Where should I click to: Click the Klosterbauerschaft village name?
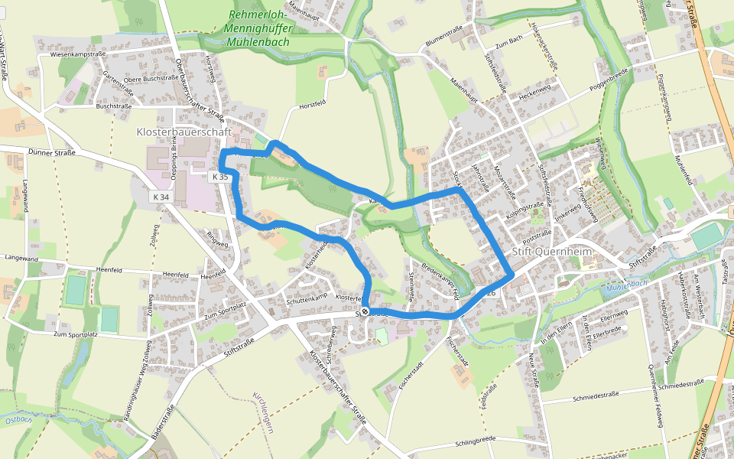(x=183, y=132)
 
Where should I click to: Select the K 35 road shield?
(x=219, y=177)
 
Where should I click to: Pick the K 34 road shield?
(x=161, y=197)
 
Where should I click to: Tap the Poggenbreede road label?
(x=609, y=79)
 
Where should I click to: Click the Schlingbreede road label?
(x=476, y=441)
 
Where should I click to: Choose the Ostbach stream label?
(x=18, y=419)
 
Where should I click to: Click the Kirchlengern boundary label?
(x=263, y=412)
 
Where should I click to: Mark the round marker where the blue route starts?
(x=365, y=311)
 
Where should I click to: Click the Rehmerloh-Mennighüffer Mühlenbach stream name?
(x=258, y=28)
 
